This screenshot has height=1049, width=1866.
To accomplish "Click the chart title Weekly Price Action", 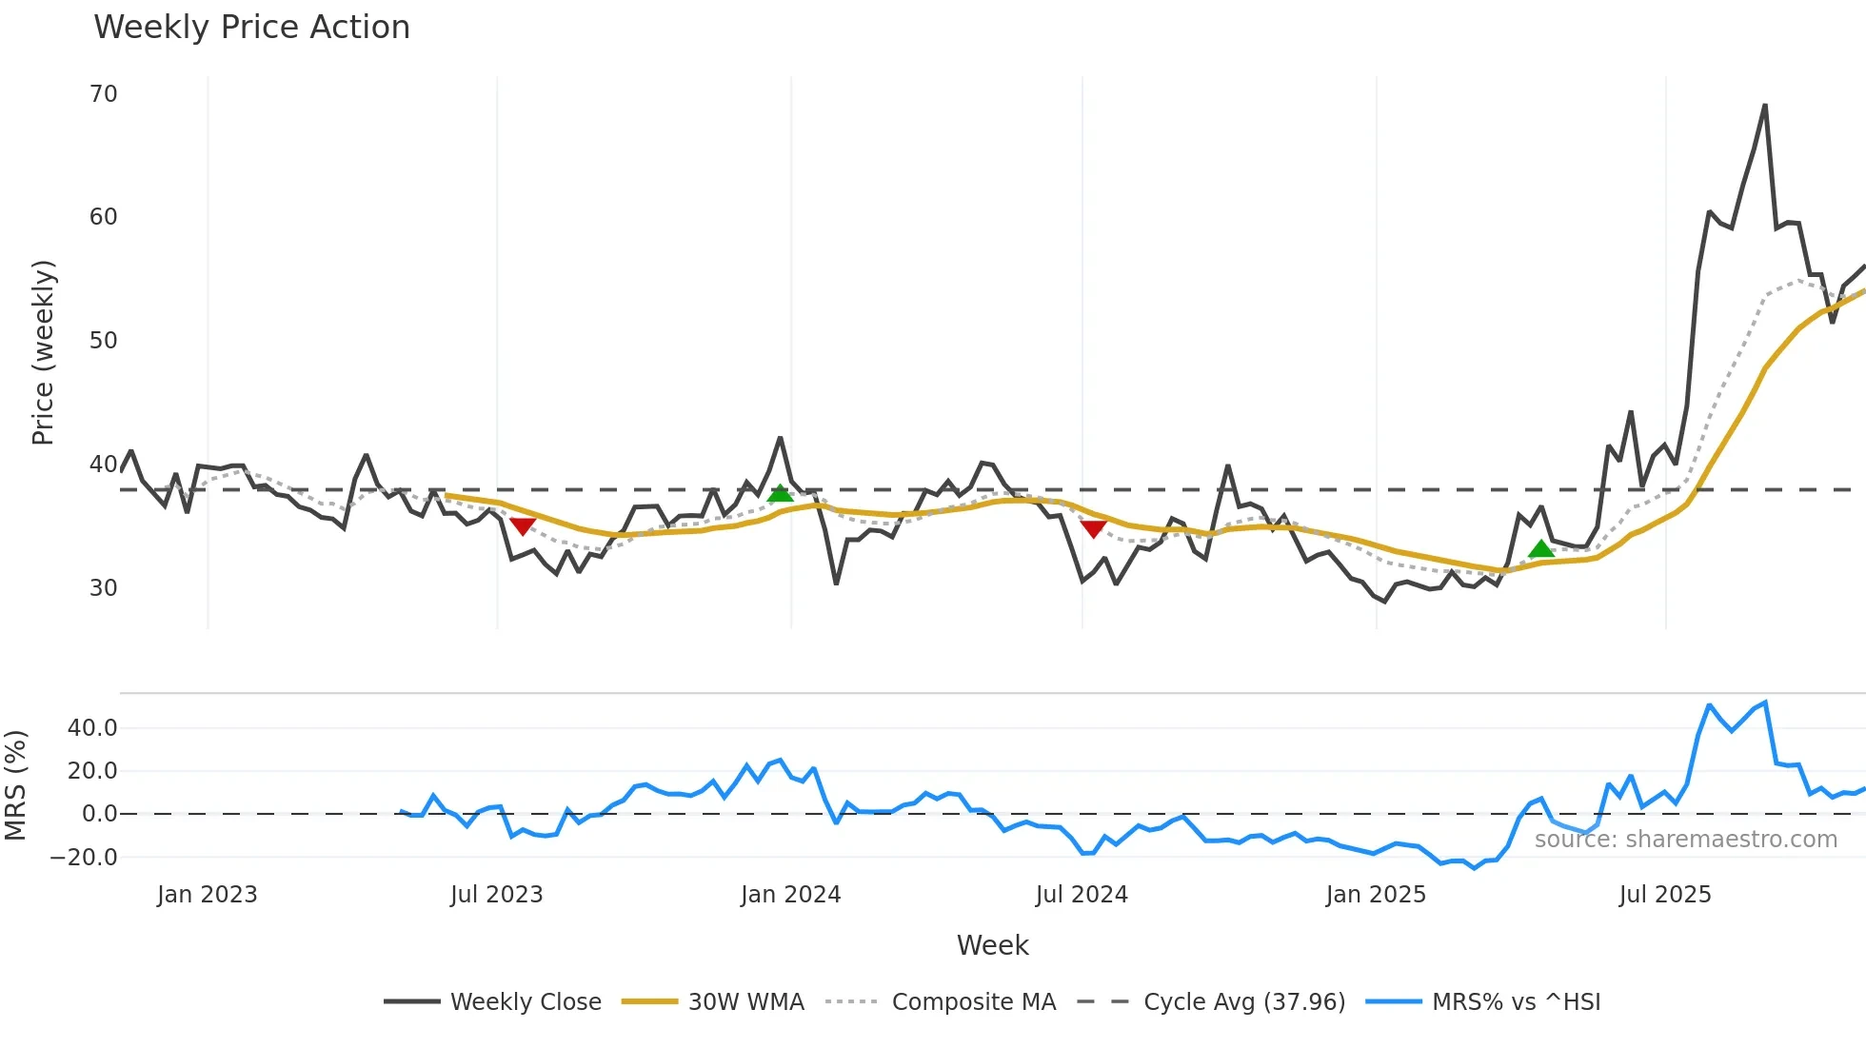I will coord(251,28).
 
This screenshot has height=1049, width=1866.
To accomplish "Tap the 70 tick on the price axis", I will coord(103,94).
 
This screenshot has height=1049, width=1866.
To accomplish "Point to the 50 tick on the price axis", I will coord(103,341).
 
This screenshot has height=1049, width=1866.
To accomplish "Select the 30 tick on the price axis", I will coord(103,587).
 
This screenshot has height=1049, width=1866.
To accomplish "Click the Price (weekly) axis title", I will coord(43,352).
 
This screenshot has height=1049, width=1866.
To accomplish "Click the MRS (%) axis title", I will coord(15,785).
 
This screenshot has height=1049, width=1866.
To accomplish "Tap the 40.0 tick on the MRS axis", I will coord(92,728).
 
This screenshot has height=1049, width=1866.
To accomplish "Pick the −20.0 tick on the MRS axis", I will coord(84,857).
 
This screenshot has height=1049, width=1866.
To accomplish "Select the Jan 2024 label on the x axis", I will coord(790,895).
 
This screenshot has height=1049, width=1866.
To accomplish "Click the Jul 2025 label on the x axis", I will coord(1665,895).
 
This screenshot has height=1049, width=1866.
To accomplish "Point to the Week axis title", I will coord(992,945).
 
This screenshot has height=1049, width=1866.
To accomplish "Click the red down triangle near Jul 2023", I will coord(523,526).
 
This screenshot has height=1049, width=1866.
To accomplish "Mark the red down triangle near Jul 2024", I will coord(1093,529).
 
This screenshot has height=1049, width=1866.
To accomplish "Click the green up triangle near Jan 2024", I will coord(780,493).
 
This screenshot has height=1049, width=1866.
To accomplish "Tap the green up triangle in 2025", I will coord(1540,549).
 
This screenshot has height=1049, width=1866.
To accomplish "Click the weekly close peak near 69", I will coord(1765,107).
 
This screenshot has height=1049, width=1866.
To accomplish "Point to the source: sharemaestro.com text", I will coord(1685,840).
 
